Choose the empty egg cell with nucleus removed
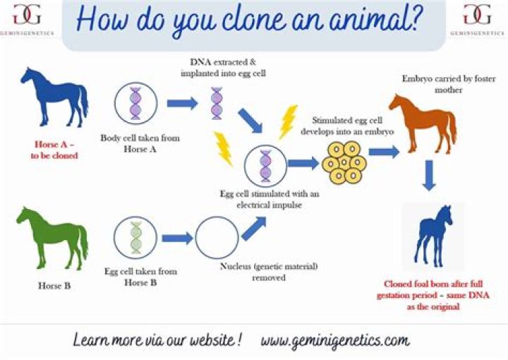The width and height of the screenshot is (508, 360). pyautogui.click(x=217, y=237)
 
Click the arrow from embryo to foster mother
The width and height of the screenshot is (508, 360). pyautogui.click(x=384, y=151)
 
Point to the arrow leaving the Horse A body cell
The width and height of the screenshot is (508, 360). pyautogui.click(x=182, y=104)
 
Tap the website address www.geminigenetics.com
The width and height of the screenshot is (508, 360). pyautogui.click(x=334, y=340)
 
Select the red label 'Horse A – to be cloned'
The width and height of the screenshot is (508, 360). pyautogui.click(x=54, y=150)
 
